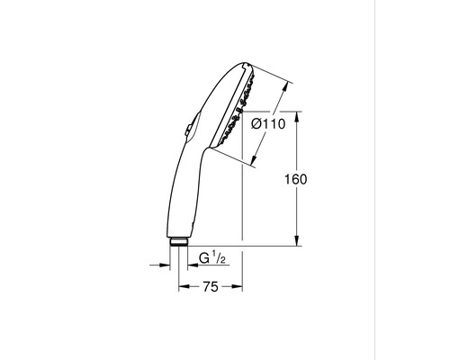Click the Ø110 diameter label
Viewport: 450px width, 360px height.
click(269, 125)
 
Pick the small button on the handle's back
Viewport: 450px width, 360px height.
click(188, 130)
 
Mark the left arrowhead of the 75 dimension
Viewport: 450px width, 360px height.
click(181, 287)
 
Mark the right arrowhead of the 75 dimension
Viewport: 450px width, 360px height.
click(240, 287)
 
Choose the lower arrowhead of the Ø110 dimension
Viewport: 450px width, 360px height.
click(252, 166)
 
